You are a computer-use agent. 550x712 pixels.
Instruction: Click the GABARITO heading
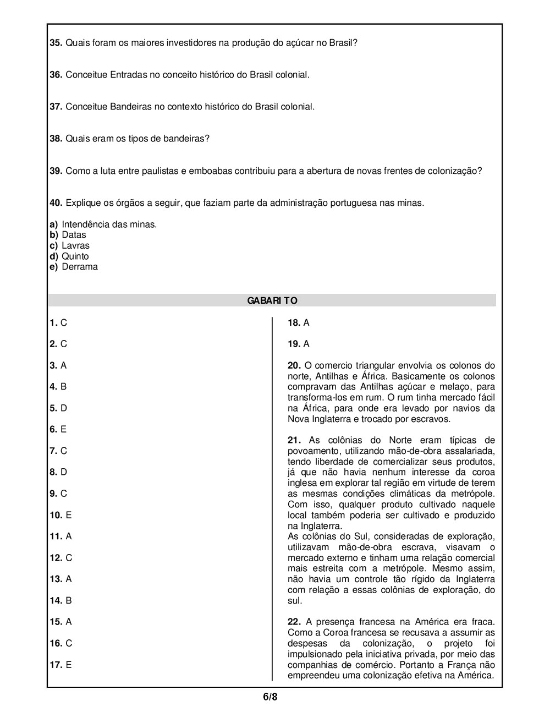point(272,300)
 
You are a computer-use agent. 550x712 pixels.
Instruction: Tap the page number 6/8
point(270,697)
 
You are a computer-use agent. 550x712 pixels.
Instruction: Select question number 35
point(56,42)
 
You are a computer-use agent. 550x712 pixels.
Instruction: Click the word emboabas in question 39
point(211,171)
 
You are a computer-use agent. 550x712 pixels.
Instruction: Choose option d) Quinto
point(69,256)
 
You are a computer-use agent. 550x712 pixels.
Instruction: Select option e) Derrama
point(74,267)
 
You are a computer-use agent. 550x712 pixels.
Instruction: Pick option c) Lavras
point(69,245)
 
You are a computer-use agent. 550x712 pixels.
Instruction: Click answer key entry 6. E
point(58,429)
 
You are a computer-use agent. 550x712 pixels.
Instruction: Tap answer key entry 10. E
point(61,515)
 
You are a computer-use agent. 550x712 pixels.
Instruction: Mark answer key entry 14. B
point(61,600)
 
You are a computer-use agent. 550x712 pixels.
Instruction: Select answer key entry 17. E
point(61,665)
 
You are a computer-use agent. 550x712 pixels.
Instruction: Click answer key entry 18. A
point(299,322)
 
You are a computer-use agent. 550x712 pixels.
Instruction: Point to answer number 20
point(294,365)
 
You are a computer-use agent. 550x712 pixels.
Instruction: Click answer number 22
point(294,622)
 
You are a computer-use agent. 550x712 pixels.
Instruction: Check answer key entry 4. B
point(58,386)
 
